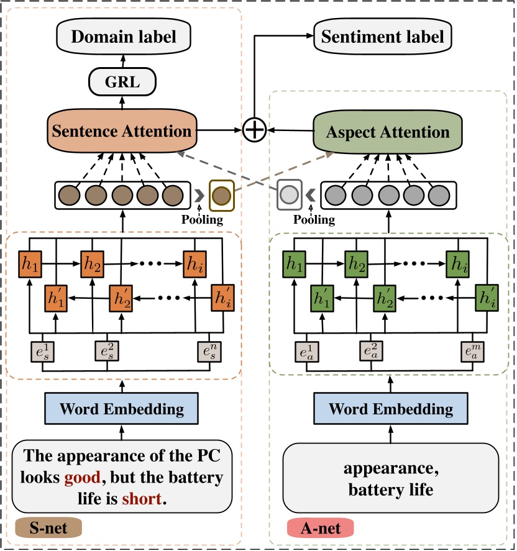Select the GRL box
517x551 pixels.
[122, 82]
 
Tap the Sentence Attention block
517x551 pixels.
[122, 131]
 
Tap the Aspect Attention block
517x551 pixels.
[390, 132]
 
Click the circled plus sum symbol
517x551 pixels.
[254, 130]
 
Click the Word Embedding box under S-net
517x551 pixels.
[122, 409]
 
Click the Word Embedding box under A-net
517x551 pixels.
[391, 409]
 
